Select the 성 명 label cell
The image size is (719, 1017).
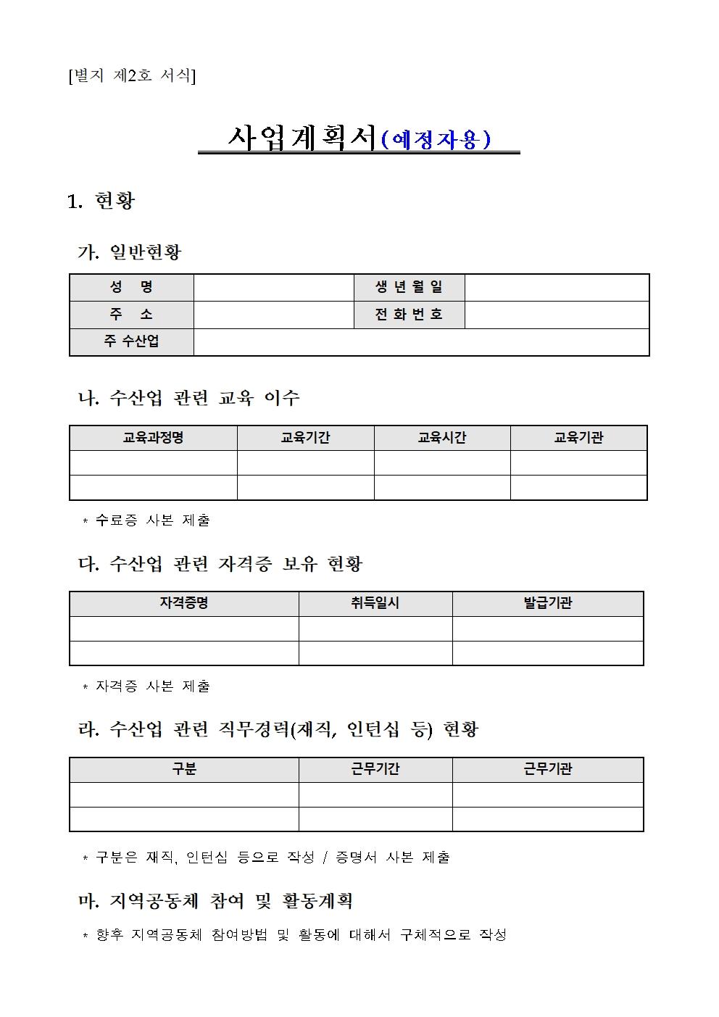pyautogui.click(x=131, y=287)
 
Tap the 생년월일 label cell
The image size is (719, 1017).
pyautogui.click(x=409, y=287)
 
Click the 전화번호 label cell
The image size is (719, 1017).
pyautogui.click(x=409, y=315)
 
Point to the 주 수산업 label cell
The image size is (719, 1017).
pyautogui.click(x=131, y=341)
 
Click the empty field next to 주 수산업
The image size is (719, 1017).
pyautogui.click(x=420, y=341)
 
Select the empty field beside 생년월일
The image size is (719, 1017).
pyautogui.click(x=556, y=287)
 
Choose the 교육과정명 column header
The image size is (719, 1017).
pyautogui.click(x=153, y=438)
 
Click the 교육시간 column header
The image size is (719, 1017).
pyautogui.click(x=441, y=438)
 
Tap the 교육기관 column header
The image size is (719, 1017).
pyautogui.click(x=578, y=438)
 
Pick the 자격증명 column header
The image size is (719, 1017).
pyautogui.click(x=184, y=603)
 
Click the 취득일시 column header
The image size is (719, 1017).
pyautogui.click(x=375, y=603)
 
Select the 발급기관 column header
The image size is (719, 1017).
pyautogui.click(x=547, y=603)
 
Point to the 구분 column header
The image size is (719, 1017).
pyautogui.click(x=184, y=769)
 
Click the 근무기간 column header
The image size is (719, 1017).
pyautogui.click(x=375, y=769)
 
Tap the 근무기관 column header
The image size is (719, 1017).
pyautogui.click(x=547, y=769)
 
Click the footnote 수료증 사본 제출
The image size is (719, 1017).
pyautogui.click(x=152, y=520)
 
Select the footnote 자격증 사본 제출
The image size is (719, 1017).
pyautogui.click(x=152, y=686)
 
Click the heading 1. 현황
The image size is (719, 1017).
pyautogui.click(x=101, y=201)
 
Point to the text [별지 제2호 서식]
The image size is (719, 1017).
pyautogui.click(x=131, y=75)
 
